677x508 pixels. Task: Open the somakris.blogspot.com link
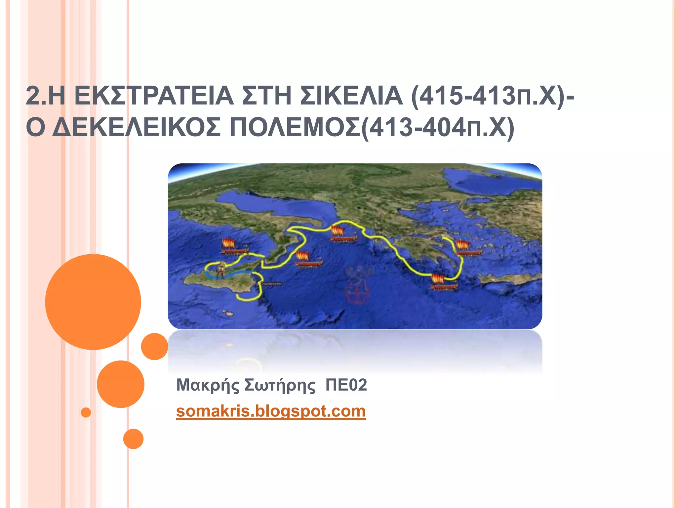point(271,411)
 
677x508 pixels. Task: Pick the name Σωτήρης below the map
point(280,385)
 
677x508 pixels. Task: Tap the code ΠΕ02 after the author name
point(346,385)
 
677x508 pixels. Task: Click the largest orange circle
point(93,302)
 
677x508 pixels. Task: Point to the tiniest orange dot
point(86,412)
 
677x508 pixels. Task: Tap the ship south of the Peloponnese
point(443,282)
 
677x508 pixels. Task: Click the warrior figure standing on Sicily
point(220,271)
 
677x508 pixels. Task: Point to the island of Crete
point(509,280)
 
